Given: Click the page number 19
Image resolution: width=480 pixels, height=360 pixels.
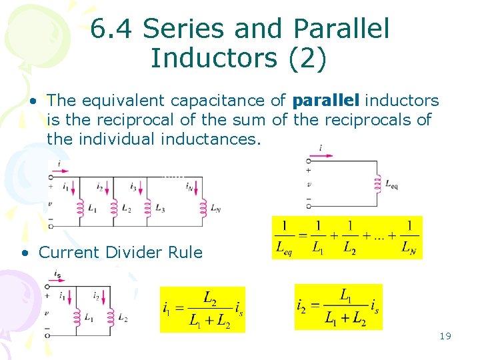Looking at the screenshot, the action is (445, 336).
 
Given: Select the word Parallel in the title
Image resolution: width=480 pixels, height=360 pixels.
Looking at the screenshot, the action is (341, 29).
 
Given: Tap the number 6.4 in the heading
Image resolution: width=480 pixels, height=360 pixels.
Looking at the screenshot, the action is (112, 29).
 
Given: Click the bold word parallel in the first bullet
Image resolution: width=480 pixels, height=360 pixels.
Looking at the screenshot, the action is (326, 101).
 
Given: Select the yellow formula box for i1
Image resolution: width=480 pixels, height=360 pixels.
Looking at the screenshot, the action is (203, 309).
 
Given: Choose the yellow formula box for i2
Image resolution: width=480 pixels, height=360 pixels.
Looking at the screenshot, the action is (339, 307).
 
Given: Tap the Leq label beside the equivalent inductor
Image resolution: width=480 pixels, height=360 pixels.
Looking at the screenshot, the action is (392, 185).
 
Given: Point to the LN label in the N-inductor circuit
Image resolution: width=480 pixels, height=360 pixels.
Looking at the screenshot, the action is (215, 209).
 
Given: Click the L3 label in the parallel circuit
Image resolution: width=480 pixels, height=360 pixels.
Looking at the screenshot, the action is (160, 209).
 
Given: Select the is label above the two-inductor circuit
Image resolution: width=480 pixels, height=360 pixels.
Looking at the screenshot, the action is (58, 274).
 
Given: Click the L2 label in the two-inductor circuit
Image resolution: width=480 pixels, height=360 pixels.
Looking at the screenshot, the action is (123, 319).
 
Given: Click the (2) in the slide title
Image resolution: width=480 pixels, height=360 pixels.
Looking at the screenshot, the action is (307, 58).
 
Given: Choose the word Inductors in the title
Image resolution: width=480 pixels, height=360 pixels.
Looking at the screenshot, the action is (213, 58).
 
